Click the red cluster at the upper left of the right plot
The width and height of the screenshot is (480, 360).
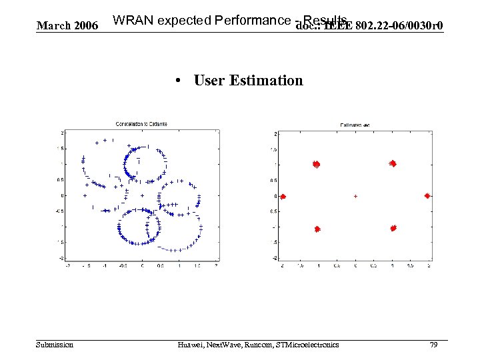(316, 164)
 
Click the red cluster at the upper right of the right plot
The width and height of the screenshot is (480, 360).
(393, 163)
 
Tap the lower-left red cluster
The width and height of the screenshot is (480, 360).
(317, 229)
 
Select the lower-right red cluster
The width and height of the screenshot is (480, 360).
(393, 228)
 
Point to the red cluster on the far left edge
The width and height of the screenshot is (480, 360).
(283, 197)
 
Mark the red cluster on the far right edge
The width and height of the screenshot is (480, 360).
(427, 196)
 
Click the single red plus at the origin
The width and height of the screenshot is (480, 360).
(355, 197)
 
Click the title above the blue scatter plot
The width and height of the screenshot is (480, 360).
(141, 123)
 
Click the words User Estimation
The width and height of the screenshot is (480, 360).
(248, 81)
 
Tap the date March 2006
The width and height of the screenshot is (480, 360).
(67, 26)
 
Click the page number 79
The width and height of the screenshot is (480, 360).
(433, 345)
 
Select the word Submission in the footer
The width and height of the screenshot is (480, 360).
(55, 345)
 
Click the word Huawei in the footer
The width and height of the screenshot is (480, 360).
(193, 345)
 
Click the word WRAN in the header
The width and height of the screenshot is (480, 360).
(131, 21)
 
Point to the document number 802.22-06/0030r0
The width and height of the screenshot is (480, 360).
(399, 26)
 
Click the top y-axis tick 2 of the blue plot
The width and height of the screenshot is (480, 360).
(63, 132)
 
